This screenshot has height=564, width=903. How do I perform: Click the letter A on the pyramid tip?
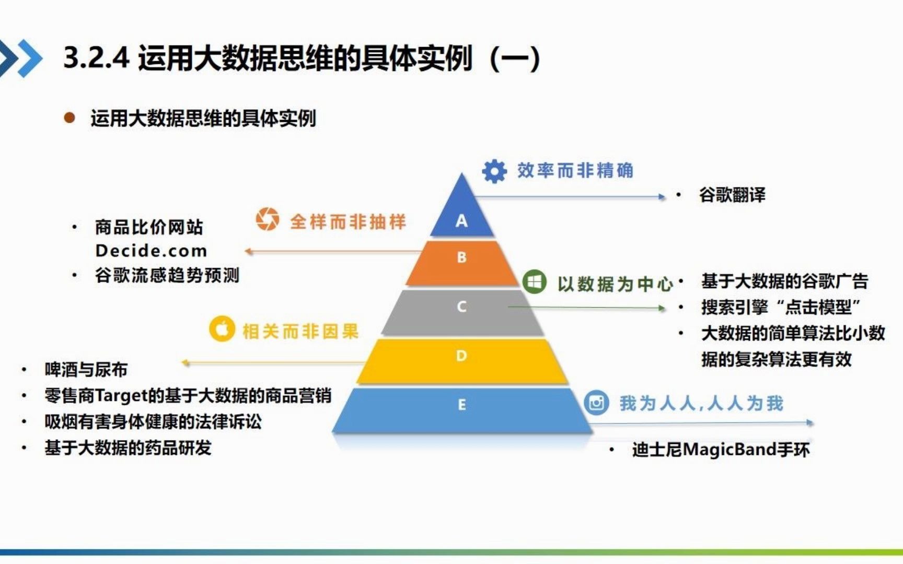[461, 221]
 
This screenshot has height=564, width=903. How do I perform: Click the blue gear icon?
[494, 171]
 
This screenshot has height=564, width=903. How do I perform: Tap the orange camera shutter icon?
[268, 219]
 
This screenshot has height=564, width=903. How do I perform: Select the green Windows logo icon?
[534, 282]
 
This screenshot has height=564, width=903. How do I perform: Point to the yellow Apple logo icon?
[222, 330]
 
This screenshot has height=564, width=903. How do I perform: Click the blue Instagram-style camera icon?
[596, 403]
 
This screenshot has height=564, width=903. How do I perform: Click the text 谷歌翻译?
[732, 195]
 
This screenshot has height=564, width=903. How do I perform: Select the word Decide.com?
[151, 251]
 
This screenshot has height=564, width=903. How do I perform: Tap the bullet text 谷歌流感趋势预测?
[167, 275]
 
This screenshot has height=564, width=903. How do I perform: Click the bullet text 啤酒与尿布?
[86, 370]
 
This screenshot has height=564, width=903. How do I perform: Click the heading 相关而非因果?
[300, 331]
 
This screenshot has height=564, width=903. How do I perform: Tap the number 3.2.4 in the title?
[96, 57]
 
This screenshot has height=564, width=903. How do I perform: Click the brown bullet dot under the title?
[69, 118]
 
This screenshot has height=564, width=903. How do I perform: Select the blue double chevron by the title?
[21, 57]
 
